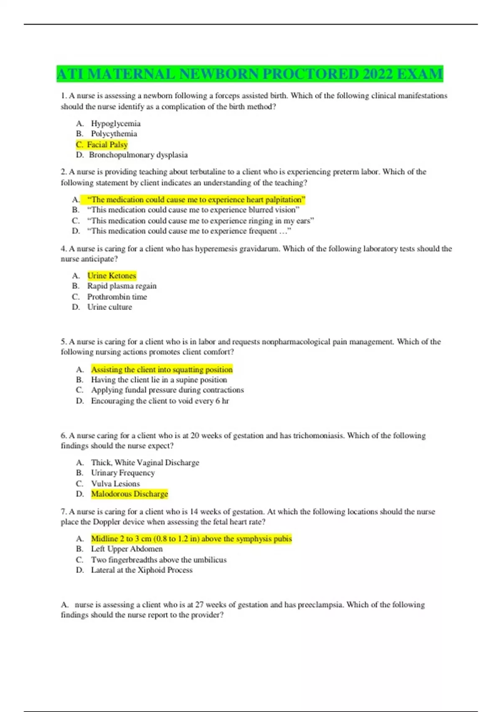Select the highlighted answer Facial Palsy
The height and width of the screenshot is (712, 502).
coord(107,144)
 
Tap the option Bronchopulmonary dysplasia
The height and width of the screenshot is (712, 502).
coord(138,155)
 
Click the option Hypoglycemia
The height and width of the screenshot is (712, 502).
coord(115,124)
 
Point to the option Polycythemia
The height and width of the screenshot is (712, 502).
coord(114,134)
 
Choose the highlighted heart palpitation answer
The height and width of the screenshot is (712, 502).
coord(196,200)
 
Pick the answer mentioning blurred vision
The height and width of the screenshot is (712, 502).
coord(193,210)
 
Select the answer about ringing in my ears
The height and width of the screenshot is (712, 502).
coord(200,221)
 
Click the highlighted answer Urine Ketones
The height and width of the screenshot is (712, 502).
coord(112,276)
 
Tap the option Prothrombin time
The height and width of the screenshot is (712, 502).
coord(117,297)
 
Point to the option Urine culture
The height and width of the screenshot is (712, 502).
coord(110,307)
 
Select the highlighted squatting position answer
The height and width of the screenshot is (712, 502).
coord(161,369)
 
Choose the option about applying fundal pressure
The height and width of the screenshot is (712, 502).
coord(167,390)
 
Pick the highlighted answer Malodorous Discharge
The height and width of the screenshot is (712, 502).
coord(129,494)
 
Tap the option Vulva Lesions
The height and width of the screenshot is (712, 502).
coord(115,484)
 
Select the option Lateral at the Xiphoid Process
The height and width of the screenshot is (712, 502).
coord(141,570)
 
